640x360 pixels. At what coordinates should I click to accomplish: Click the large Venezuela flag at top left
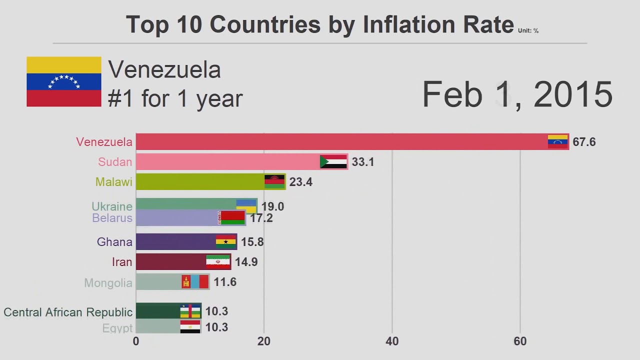64,81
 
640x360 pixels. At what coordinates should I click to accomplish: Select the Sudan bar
227,162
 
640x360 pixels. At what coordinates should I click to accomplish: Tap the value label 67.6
584,142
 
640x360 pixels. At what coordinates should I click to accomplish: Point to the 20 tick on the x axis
264,341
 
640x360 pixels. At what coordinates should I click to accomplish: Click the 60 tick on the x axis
520,341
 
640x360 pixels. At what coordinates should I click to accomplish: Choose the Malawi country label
114,182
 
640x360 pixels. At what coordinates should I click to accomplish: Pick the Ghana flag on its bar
226,242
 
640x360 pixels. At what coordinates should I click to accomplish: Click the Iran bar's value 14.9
246,262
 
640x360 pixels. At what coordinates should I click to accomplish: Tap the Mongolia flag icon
195,282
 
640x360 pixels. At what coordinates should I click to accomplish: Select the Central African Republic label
68,312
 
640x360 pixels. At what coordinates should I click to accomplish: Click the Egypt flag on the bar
190,327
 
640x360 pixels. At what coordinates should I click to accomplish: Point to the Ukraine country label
112,206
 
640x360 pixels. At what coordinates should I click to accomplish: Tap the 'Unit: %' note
528,31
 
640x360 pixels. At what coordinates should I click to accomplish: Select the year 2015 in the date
573,94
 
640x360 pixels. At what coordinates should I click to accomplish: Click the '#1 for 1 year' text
175,99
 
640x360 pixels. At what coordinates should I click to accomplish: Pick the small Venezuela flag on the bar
557,141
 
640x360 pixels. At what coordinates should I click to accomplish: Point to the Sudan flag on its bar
333,161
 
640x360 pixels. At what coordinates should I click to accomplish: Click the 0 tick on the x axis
136,341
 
